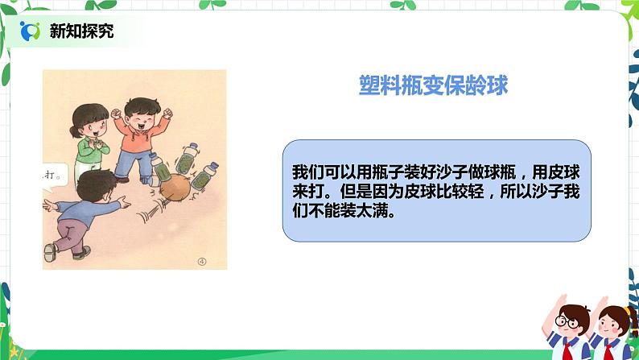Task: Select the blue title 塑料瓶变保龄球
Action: pos(433,86)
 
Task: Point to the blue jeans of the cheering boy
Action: pos(132,166)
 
